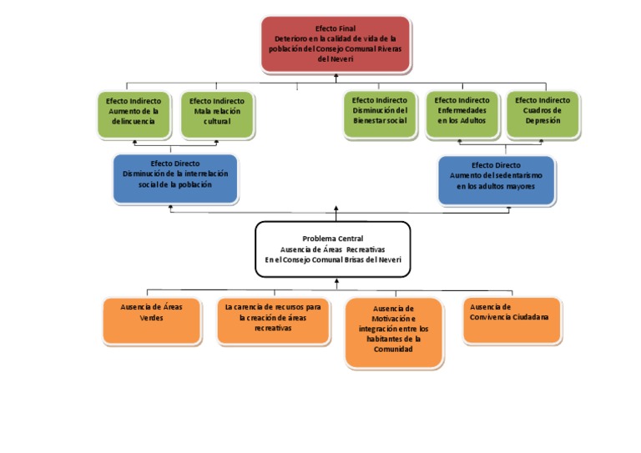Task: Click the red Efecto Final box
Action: (x=336, y=44)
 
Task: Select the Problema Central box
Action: (x=332, y=249)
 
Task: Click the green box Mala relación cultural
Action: (x=217, y=114)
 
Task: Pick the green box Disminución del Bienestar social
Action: (x=380, y=114)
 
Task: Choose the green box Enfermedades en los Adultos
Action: (x=462, y=114)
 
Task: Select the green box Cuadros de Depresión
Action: (x=543, y=114)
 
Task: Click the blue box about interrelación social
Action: (x=175, y=179)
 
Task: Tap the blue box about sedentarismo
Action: (x=496, y=180)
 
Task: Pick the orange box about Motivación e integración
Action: (x=392, y=332)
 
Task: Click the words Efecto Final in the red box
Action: (x=336, y=28)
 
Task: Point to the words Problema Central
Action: (x=332, y=239)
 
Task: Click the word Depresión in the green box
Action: (x=543, y=120)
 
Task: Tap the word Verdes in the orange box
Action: (x=151, y=318)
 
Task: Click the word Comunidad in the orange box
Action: (x=392, y=350)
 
